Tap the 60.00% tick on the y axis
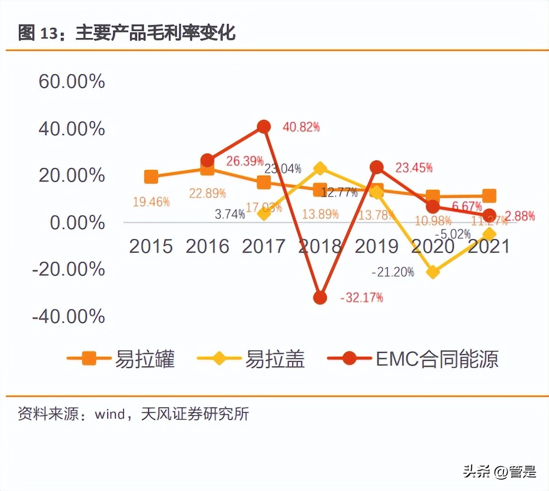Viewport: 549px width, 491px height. click(72, 82)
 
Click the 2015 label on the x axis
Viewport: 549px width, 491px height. click(151, 246)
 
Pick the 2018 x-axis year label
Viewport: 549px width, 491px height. click(320, 246)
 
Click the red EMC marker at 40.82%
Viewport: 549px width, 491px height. click(264, 127)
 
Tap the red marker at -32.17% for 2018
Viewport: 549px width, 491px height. click(320, 298)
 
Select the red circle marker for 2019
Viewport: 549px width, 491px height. click(376, 167)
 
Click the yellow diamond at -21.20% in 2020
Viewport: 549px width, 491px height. click(433, 272)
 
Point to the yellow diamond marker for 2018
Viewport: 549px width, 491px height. click(320, 168)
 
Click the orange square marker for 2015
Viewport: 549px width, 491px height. click(151, 177)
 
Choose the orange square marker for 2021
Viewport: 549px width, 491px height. click(489, 196)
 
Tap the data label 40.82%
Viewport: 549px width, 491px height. click(301, 127)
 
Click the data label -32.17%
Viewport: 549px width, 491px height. click(362, 298)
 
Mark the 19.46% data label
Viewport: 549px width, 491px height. click(151, 202)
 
